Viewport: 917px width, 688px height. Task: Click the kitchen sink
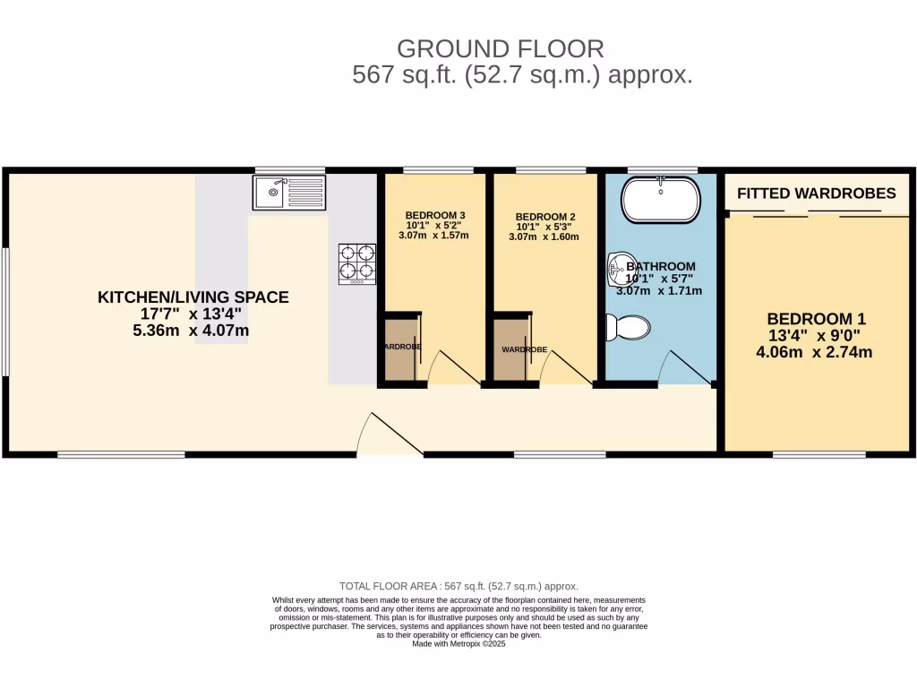288,192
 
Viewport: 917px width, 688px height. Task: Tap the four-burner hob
356,263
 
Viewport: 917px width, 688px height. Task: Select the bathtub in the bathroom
660,200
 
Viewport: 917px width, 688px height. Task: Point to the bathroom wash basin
618,266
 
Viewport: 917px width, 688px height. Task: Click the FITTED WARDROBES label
816,193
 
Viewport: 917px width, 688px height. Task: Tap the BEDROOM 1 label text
816,319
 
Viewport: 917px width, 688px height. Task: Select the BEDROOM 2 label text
544,217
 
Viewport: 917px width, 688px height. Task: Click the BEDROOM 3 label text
434,216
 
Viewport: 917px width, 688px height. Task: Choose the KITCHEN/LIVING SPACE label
193,297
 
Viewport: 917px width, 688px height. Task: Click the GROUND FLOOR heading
501,48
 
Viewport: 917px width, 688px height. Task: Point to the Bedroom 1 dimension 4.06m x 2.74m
814,352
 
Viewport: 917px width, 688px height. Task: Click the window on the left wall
5,311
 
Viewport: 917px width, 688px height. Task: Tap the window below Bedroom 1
818,455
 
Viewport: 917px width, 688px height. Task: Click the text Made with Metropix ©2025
458,643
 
